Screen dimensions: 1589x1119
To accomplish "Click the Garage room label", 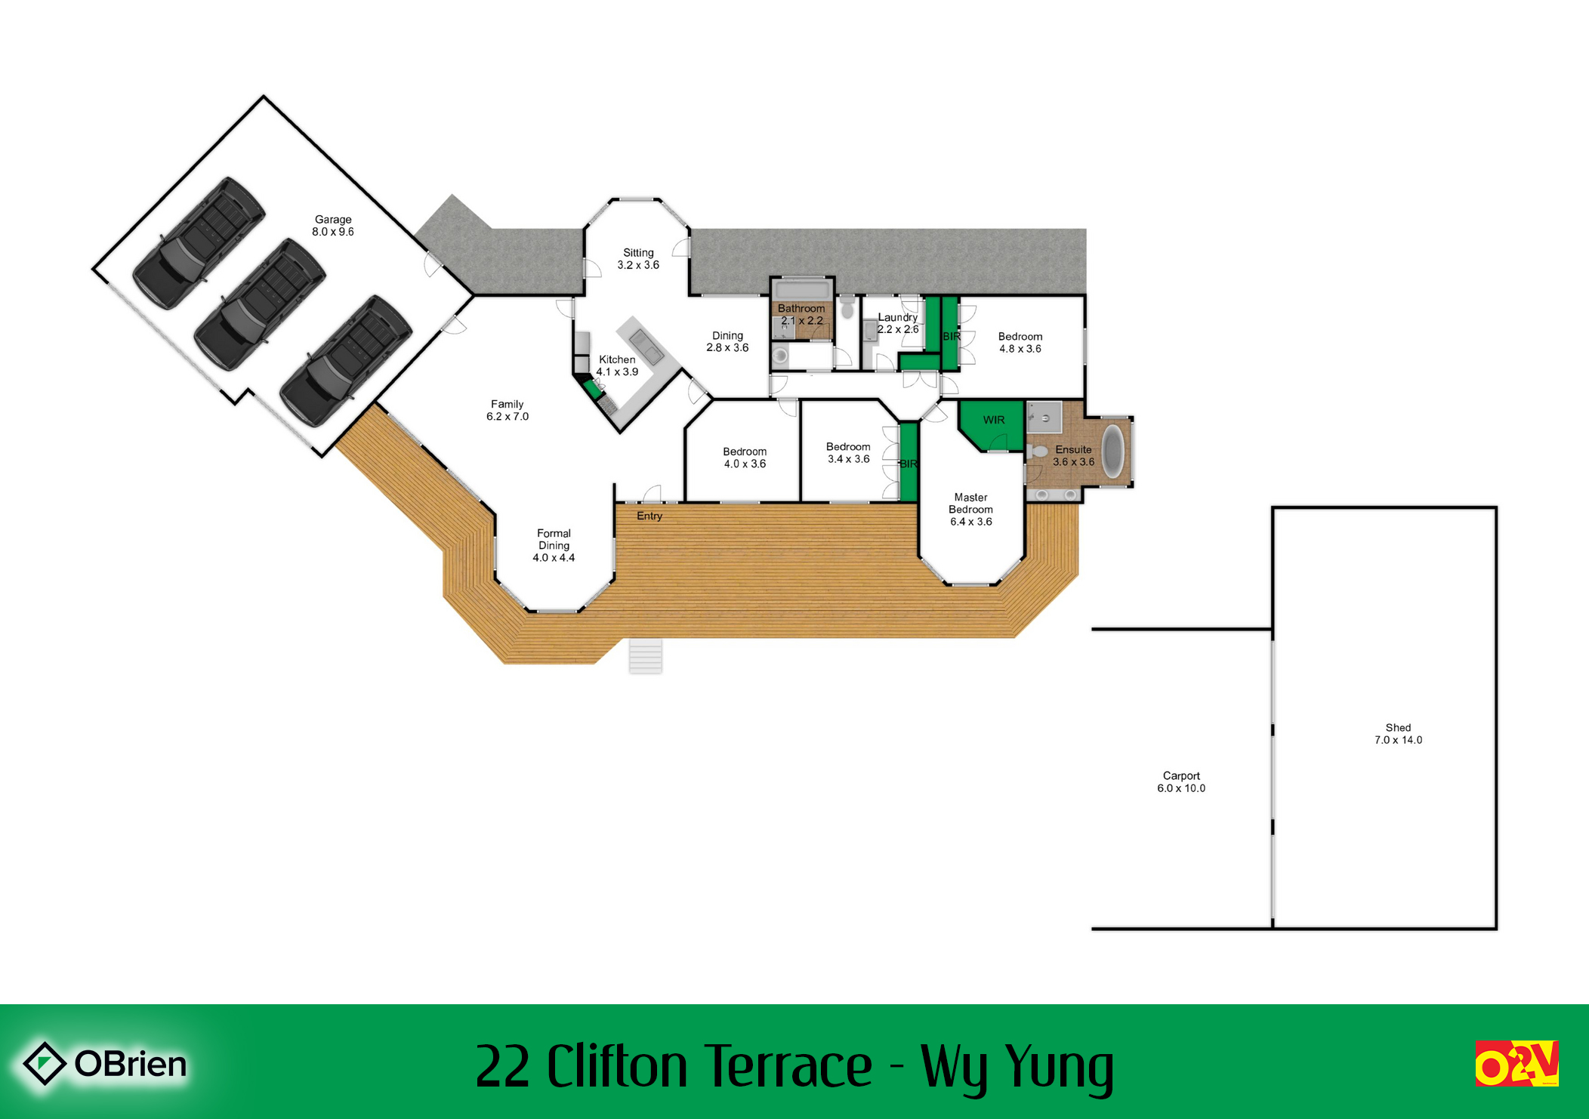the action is (x=333, y=226).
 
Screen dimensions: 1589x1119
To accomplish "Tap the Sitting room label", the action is (x=638, y=259).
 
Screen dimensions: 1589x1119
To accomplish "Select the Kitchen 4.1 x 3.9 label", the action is (x=617, y=365).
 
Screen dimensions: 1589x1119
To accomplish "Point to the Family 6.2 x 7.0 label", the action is (x=508, y=410).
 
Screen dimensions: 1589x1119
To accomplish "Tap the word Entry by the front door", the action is (x=649, y=516).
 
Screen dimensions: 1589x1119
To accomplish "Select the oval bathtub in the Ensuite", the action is (x=1113, y=451).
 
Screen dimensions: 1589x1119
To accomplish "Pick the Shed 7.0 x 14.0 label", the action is (x=1398, y=734).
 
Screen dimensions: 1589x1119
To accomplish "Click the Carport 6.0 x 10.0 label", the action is (x=1181, y=781).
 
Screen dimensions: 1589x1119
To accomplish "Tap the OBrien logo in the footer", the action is (x=105, y=1063).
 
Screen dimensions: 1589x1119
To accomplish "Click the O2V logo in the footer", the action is (x=1516, y=1063).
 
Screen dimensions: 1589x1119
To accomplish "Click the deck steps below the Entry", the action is (x=646, y=655).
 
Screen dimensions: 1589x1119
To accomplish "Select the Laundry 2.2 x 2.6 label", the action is (x=898, y=323).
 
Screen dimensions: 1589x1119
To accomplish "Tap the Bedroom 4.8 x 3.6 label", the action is (x=1020, y=342).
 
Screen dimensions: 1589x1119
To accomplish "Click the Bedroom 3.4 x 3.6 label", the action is (x=848, y=452).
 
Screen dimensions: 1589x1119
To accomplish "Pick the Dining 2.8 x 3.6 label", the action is (x=727, y=341).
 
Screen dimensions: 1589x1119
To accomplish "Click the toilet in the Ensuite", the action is (x=1038, y=452).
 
